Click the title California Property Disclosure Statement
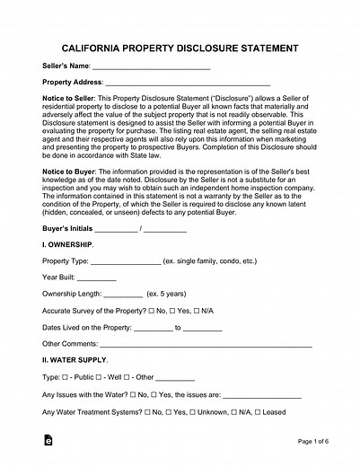click(x=180, y=47)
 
